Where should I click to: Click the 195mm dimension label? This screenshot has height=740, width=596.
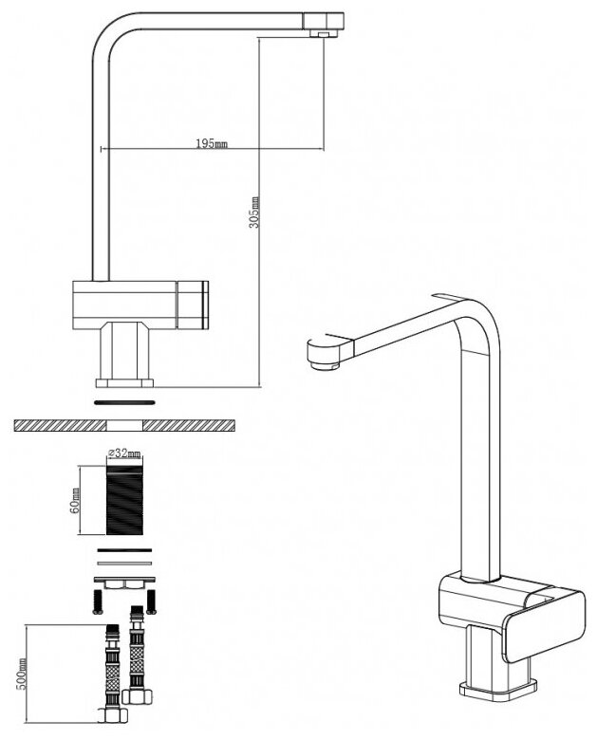pos(212,143)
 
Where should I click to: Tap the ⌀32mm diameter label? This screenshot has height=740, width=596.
pos(122,453)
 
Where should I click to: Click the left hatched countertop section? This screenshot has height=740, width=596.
pos(57,424)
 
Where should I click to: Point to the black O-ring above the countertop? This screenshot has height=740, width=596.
pos(123,401)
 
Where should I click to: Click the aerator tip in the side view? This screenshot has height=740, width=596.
pos(324,33)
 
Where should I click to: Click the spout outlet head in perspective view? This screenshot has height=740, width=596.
pos(323,352)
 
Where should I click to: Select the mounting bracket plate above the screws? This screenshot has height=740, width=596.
pos(123,580)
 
